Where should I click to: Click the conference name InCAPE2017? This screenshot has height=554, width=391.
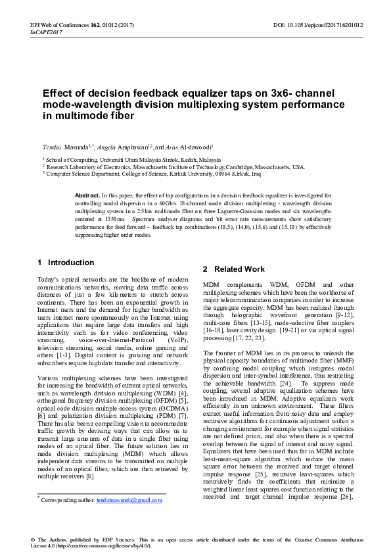coord(44,32)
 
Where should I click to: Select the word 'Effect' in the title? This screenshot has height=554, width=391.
coord(57,93)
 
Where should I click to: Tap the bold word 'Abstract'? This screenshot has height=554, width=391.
coord(87,196)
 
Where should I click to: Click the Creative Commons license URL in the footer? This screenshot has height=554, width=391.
coord(104,546)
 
